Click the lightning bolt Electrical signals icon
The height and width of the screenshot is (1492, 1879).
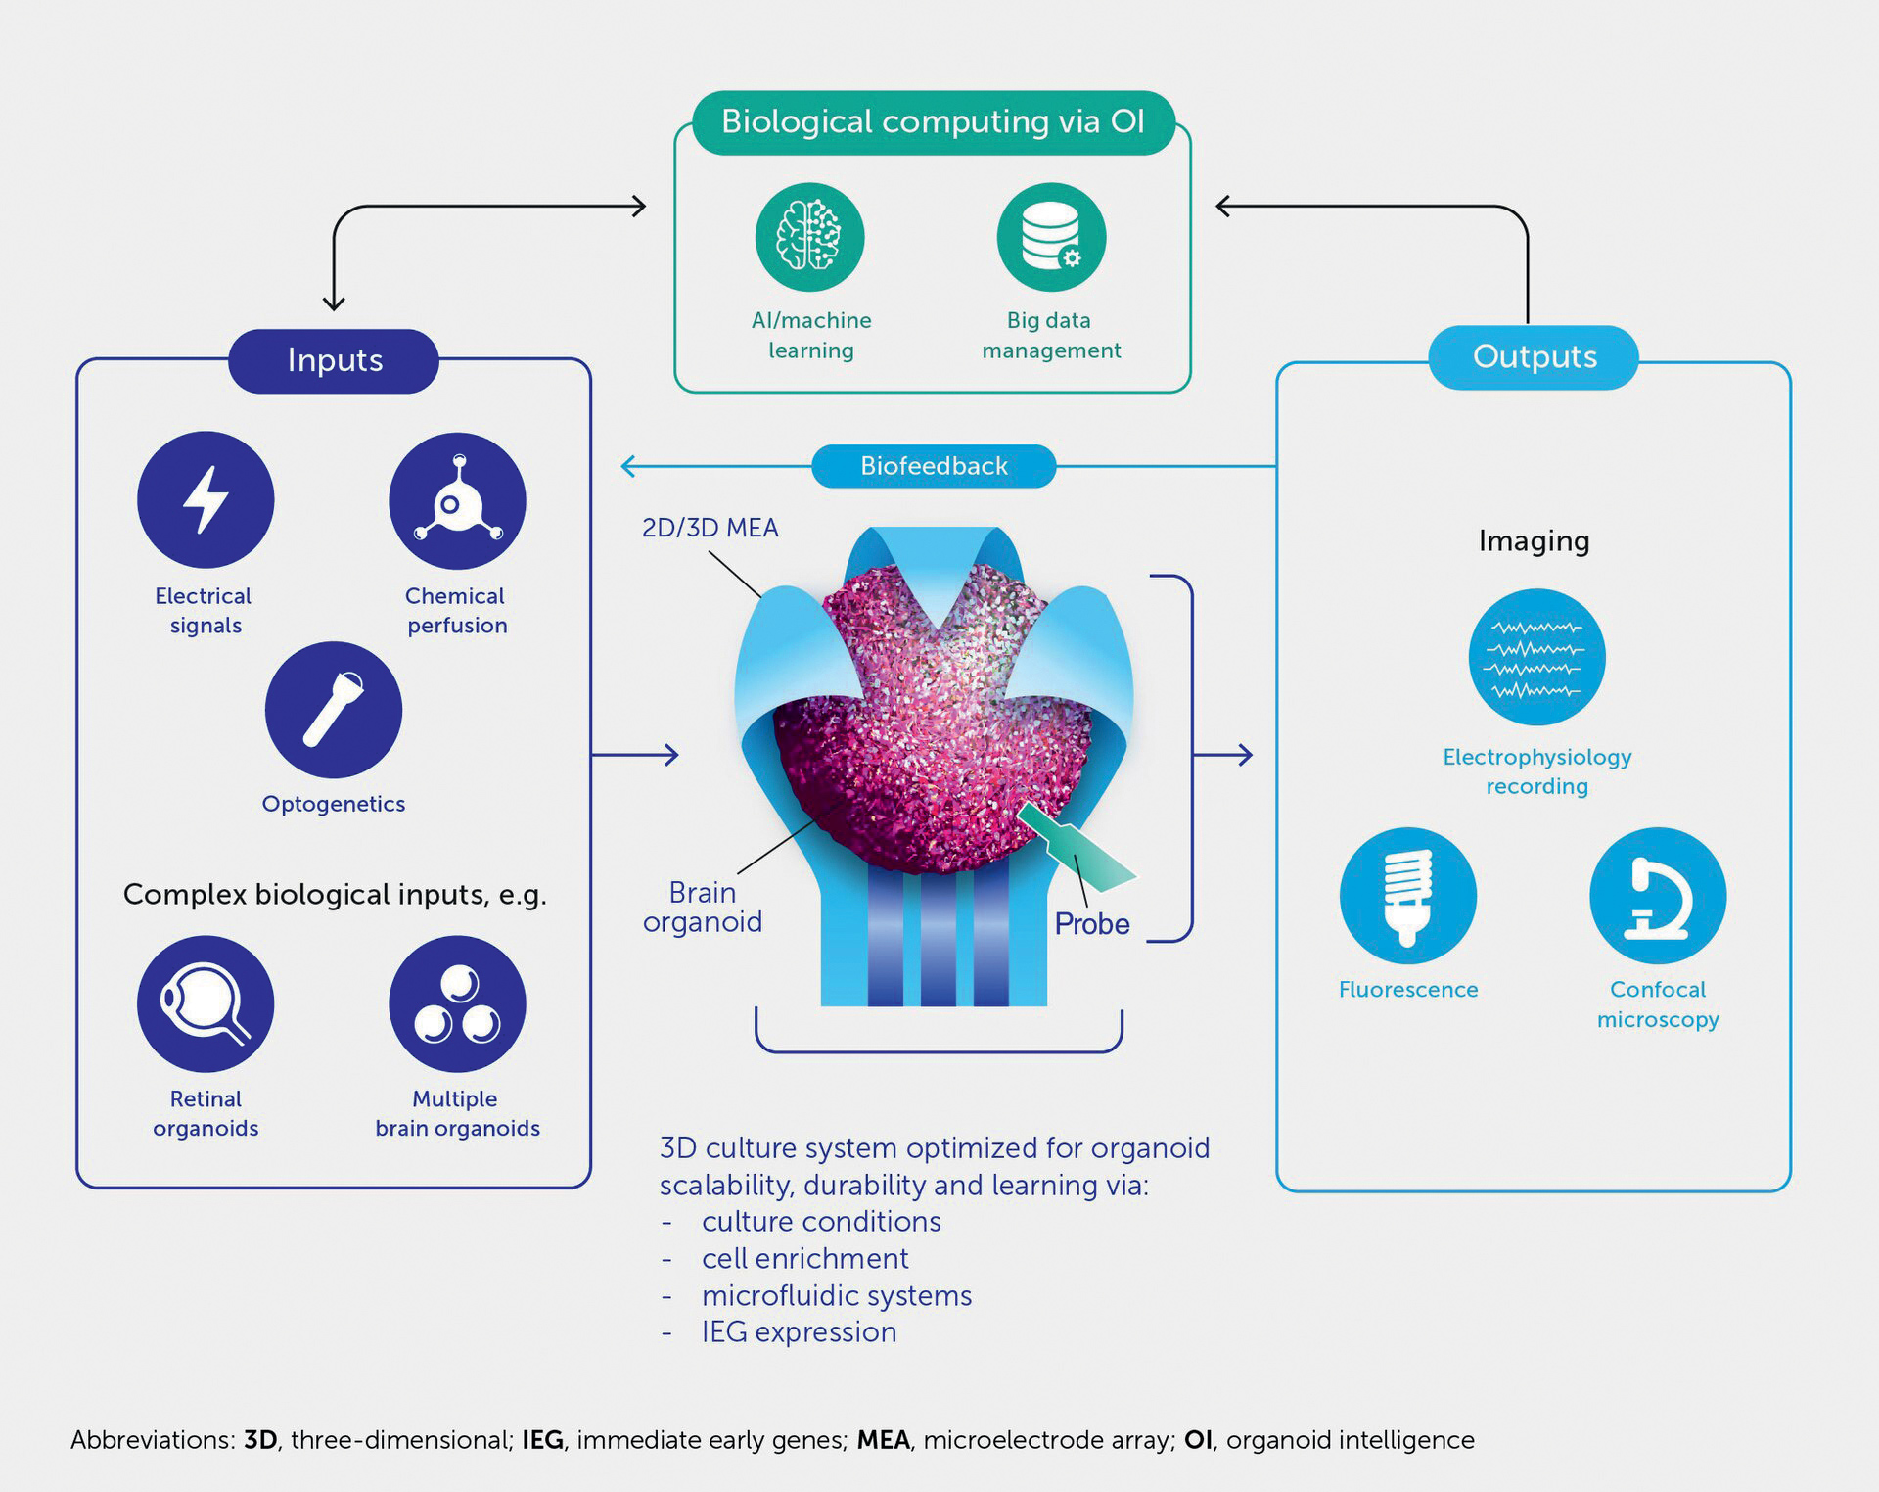(x=206, y=499)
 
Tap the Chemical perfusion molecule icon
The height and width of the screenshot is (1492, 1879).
(x=457, y=500)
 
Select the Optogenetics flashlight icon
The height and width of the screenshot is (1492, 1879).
(x=334, y=710)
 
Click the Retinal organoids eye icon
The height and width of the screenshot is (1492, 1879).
(x=206, y=1003)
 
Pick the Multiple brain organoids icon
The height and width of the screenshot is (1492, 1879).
(x=457, y=1003)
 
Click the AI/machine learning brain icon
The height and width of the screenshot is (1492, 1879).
(x=809, y=237)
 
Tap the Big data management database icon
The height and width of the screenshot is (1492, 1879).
(x=1051, y=237)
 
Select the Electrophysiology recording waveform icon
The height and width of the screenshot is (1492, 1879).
(x=1536, y=657)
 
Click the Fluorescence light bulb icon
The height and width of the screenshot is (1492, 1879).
(x=1408, y=896)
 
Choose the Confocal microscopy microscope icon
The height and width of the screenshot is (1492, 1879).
(x=1658, y=896)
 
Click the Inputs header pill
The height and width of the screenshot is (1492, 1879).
(x=334, y=360)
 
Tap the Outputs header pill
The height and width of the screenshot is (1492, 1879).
(x=1534, y=356)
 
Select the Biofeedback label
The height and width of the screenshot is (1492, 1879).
(x=934, y=466)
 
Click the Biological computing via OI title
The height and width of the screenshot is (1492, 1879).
(x=934, y=121)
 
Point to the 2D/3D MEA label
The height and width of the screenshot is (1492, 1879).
(x=710, y=528)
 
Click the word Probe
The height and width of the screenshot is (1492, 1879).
(x=1092, y=923)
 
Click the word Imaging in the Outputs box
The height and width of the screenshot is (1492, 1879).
(x=1534, y=540)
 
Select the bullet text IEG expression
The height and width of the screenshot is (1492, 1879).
(x=799, y=1331)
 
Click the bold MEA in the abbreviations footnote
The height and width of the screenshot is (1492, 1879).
(x=884, y=1439)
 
